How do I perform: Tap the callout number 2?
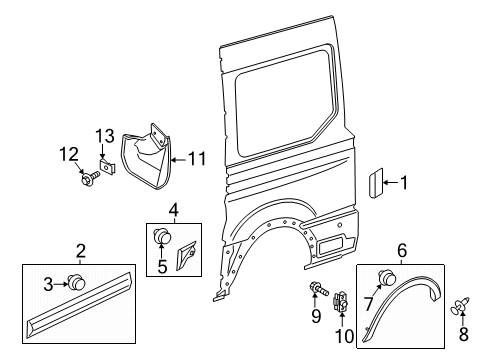click(81, 251)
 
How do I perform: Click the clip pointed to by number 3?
click(75, 282)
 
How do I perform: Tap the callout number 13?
click(106, 136)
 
